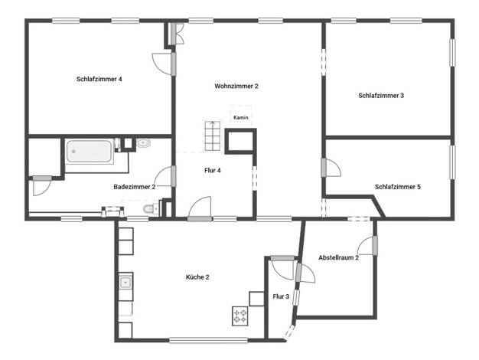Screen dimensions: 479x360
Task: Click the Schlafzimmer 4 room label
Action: pos(99,79)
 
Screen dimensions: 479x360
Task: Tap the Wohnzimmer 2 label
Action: pos(236,86)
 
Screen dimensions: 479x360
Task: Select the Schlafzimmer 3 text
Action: pos(381,96)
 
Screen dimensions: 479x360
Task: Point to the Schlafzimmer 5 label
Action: pos(398,187)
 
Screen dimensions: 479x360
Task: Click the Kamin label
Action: pos(241,117)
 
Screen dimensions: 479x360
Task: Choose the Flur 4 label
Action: pos(212,170)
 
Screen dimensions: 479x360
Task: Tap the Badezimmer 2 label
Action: pos(135,187)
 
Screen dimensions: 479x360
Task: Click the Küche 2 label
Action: pos(197,277)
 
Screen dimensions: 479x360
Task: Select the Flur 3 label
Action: pos(281,296)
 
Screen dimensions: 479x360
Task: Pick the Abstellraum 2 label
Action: pos(338,257)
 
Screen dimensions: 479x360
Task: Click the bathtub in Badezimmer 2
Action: pos(90,152)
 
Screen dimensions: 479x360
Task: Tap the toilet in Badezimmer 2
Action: pos(151,208)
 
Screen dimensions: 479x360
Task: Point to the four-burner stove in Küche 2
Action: pos(240,316)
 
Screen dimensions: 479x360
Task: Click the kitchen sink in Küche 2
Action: pos(125,282)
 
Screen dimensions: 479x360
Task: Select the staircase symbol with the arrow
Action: pos(212,136)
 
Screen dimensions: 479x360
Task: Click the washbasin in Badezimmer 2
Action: pos(143,142)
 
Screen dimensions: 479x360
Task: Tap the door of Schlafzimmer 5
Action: pos(331,167)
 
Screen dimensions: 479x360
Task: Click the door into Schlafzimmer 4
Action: pos(163,64)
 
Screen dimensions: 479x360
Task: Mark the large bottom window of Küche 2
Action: pos(208,340)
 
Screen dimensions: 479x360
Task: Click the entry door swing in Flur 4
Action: pos(200,208)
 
